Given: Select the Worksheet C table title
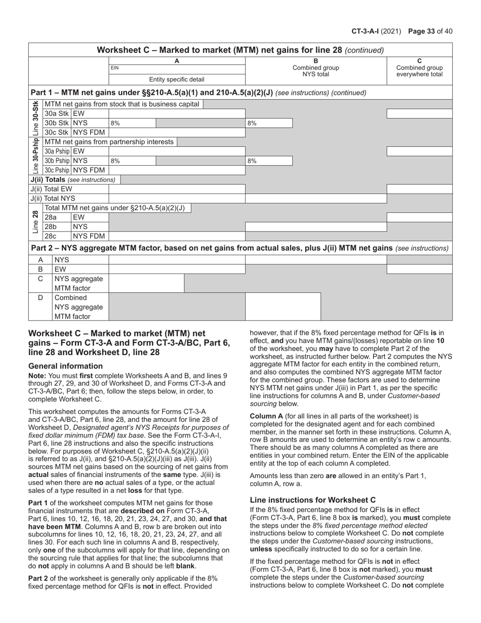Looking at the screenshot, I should coord(240,50).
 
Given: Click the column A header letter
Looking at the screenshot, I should coord(177,61).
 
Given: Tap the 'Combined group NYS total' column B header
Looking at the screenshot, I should coord(316,68).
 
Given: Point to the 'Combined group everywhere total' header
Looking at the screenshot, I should coord(419,68).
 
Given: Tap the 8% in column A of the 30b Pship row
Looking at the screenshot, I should coord(115,161).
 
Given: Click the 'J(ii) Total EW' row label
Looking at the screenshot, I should coord(51,189).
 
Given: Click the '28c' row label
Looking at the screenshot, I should coord(50,236).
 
